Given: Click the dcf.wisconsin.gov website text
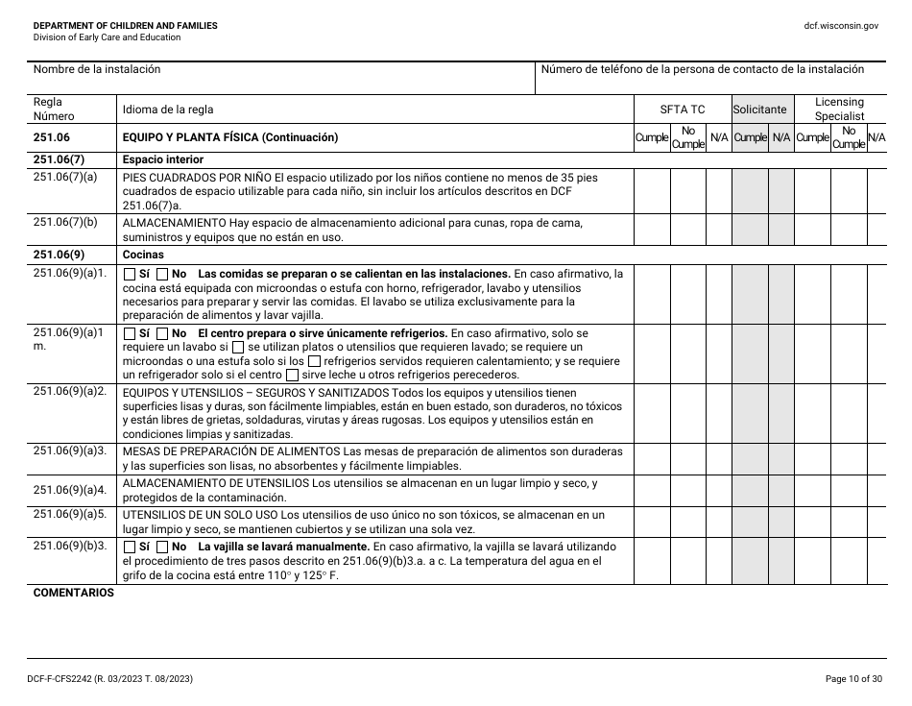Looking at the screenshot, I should pos(841,26).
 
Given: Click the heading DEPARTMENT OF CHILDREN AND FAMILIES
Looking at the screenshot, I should pos(125,26).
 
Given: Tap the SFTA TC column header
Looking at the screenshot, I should pos(682,110).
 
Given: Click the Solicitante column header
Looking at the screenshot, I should pos(759,110).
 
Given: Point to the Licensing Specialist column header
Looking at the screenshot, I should pos(839,109).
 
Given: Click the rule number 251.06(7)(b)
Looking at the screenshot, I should pos(65,223).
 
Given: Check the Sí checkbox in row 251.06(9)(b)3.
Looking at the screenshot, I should pos(130,547).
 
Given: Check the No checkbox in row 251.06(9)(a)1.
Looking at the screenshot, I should pos(162,274).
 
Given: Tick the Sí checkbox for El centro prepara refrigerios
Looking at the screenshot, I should pos(130,333).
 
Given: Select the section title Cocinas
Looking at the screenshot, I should pos(143,256).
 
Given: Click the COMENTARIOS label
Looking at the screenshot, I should pos(74,593).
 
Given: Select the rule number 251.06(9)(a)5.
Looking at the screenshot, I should pos(69,514).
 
